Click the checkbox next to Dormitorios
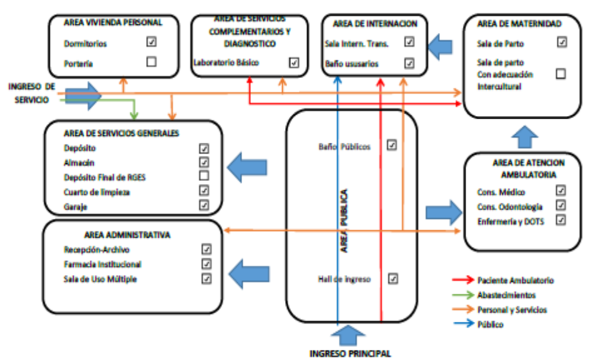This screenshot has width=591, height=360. [151, 42]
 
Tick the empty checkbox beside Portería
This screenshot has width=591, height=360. [151, 61]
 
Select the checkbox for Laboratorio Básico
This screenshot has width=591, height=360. [295, 62]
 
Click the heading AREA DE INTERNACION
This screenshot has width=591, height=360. [374, 24]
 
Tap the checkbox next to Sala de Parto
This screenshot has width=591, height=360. [561, 42]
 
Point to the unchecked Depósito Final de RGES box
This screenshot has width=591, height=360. [203, 177]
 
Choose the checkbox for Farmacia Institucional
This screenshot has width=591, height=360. [207, 264]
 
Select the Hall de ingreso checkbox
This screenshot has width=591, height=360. [393, 278]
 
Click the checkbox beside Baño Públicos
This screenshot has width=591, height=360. [392, 145]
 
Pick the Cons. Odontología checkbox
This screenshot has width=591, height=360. [560, 205]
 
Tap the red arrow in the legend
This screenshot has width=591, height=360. [462, 281]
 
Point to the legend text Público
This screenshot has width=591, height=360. [490, 324]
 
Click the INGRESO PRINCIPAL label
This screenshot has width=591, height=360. [351, 354]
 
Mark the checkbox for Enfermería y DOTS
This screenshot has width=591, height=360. [560, 220]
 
